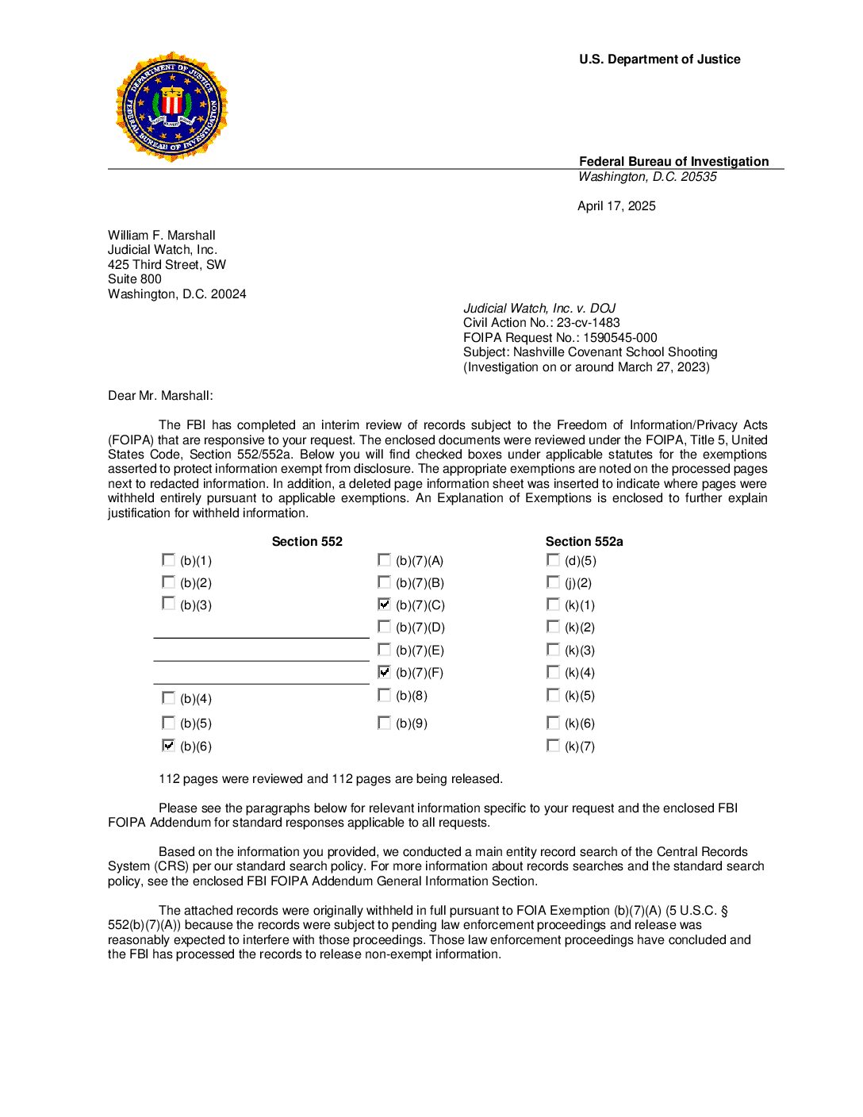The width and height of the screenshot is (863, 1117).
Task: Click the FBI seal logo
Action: (x=171, y=107)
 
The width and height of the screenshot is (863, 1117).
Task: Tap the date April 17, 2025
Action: (x=616, y=206)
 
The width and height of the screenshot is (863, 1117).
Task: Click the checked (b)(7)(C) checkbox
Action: (x=385, y=605)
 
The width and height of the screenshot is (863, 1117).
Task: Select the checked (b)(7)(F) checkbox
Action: (x=385, y=672)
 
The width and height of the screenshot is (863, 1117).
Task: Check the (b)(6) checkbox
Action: (x=168, y=746)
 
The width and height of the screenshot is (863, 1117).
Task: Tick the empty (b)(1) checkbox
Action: (x=168, y=560)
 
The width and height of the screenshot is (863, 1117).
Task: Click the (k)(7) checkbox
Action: (x=553, y=746)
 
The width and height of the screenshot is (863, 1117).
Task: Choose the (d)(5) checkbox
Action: (x=553, y=560)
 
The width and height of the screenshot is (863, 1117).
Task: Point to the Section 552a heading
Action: (x=584, y=542)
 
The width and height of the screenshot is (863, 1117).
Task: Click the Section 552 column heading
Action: (x=307, y=542)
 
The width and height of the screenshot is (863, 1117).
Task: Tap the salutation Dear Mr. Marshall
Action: (x=160, y=396)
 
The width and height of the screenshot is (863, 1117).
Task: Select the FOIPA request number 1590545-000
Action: (x=619, y=338)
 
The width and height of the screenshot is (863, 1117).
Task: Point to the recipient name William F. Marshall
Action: (x=162, y=236)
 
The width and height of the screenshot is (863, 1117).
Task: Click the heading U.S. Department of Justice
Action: (x=659, y=59)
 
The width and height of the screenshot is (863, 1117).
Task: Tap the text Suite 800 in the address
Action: (x=135, y=279)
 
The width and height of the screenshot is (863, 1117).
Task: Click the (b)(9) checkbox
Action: (x=385, y=723)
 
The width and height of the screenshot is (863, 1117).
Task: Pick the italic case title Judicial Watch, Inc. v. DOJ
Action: (x=539, y=309)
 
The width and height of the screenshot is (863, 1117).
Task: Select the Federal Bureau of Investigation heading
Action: (x=673, y=162)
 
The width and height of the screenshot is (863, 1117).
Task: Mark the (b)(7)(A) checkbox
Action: (x=385, y=560)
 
